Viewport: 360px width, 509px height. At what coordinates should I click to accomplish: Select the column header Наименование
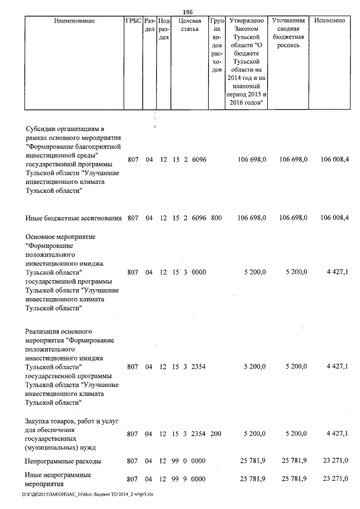[75, 21]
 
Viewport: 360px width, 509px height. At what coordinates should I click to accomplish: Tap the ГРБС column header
[133, 21]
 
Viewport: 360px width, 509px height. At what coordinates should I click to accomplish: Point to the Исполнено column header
[330, 21]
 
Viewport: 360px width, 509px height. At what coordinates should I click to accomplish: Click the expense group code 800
[217, 217]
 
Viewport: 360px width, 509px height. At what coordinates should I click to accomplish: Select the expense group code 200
[217, 434]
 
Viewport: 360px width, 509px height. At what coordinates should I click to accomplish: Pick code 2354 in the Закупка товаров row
[199, 434]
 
